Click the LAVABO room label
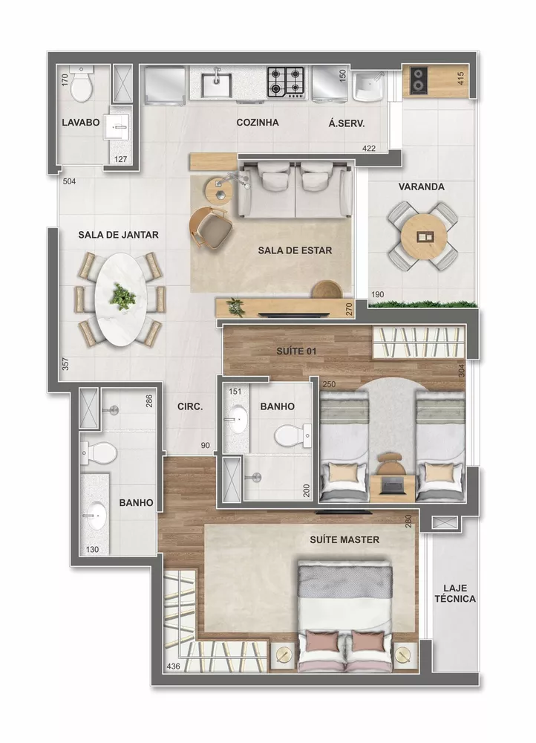(x=80, y=123)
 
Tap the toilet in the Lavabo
(x=80, y=85)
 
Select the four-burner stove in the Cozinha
(x=287, y=82)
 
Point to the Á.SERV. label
(x=346, y=123)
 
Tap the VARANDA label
(x=421, y=187)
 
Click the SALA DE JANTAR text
(x=119, y=235)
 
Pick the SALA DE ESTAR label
(x=295, y=250)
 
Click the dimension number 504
(x=69, y=181)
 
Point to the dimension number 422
(x=369, y=149)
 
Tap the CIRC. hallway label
(x=191, y=407)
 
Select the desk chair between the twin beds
(x=390, y=464)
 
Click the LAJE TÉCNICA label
(x=454, y=592)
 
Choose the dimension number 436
(x=173, y=666)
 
